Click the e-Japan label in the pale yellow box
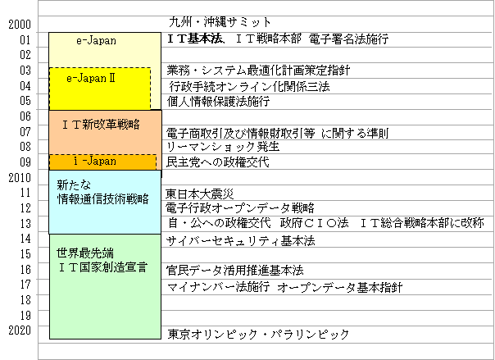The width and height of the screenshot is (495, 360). [96, 40]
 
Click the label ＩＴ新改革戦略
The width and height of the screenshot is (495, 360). [101, 125]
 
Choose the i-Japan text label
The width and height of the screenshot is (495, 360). [95, 162]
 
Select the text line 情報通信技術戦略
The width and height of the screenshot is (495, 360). [102, 198]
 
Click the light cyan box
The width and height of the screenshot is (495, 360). [105, 217]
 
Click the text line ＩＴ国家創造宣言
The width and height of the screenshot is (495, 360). [102, 267]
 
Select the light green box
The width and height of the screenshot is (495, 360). [105, 303]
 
